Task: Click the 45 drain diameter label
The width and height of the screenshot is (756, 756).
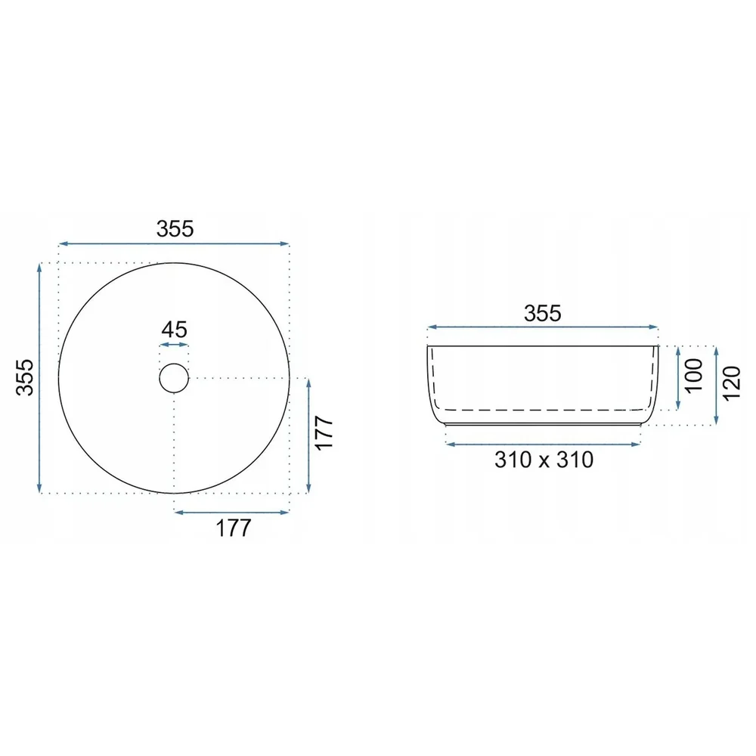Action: click(x=174, y=330)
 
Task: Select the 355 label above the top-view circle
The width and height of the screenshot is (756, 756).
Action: click(x=175, y=228)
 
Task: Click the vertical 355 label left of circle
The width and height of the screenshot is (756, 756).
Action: click(x=25, y=377)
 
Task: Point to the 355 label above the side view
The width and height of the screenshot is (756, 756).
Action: click(x=543, y=314)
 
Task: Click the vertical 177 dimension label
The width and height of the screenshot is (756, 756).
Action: click(x=324, y=433)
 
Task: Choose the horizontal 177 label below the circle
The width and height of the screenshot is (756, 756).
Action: click(x=234, y=528)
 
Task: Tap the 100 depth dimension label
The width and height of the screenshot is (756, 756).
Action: click(x=693, y=376)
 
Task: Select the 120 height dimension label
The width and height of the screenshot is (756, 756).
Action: click(x=731, y=383)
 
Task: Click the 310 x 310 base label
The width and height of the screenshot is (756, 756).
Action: click(x=544, y=460)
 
